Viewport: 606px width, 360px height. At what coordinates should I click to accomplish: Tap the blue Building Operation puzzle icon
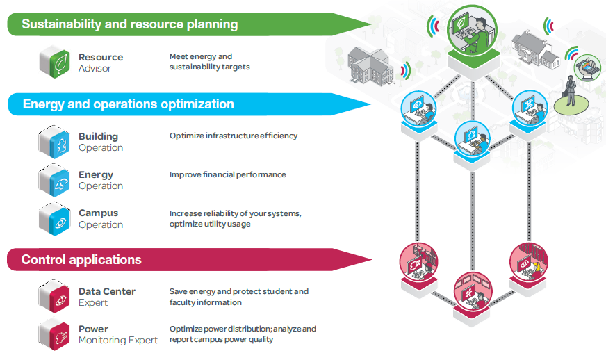pos(53,141)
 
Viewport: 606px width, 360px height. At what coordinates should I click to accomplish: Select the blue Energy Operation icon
pos(53,179)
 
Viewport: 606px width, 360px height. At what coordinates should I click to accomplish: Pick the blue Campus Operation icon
pos(53,218)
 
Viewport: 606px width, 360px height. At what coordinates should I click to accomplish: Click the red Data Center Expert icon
pos(53,297)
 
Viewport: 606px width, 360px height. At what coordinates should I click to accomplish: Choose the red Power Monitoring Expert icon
pos(53,334)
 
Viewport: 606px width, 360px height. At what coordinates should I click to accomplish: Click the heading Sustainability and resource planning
pos(130,24)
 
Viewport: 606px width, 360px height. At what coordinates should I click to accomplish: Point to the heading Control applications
pos(81,260)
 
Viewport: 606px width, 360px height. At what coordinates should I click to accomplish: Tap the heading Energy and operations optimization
pos(129,104)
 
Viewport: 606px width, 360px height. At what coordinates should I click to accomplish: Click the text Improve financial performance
pos(227,174)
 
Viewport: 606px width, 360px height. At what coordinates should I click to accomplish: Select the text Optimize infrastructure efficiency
pos(233,136)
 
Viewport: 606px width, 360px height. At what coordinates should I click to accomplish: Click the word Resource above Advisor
pos(101,57)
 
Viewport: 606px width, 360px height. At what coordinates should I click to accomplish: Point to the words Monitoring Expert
pos(118,341)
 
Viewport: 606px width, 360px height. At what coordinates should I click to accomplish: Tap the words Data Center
pos(107,291)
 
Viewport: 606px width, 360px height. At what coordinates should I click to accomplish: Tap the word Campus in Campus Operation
pos(98,213)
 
